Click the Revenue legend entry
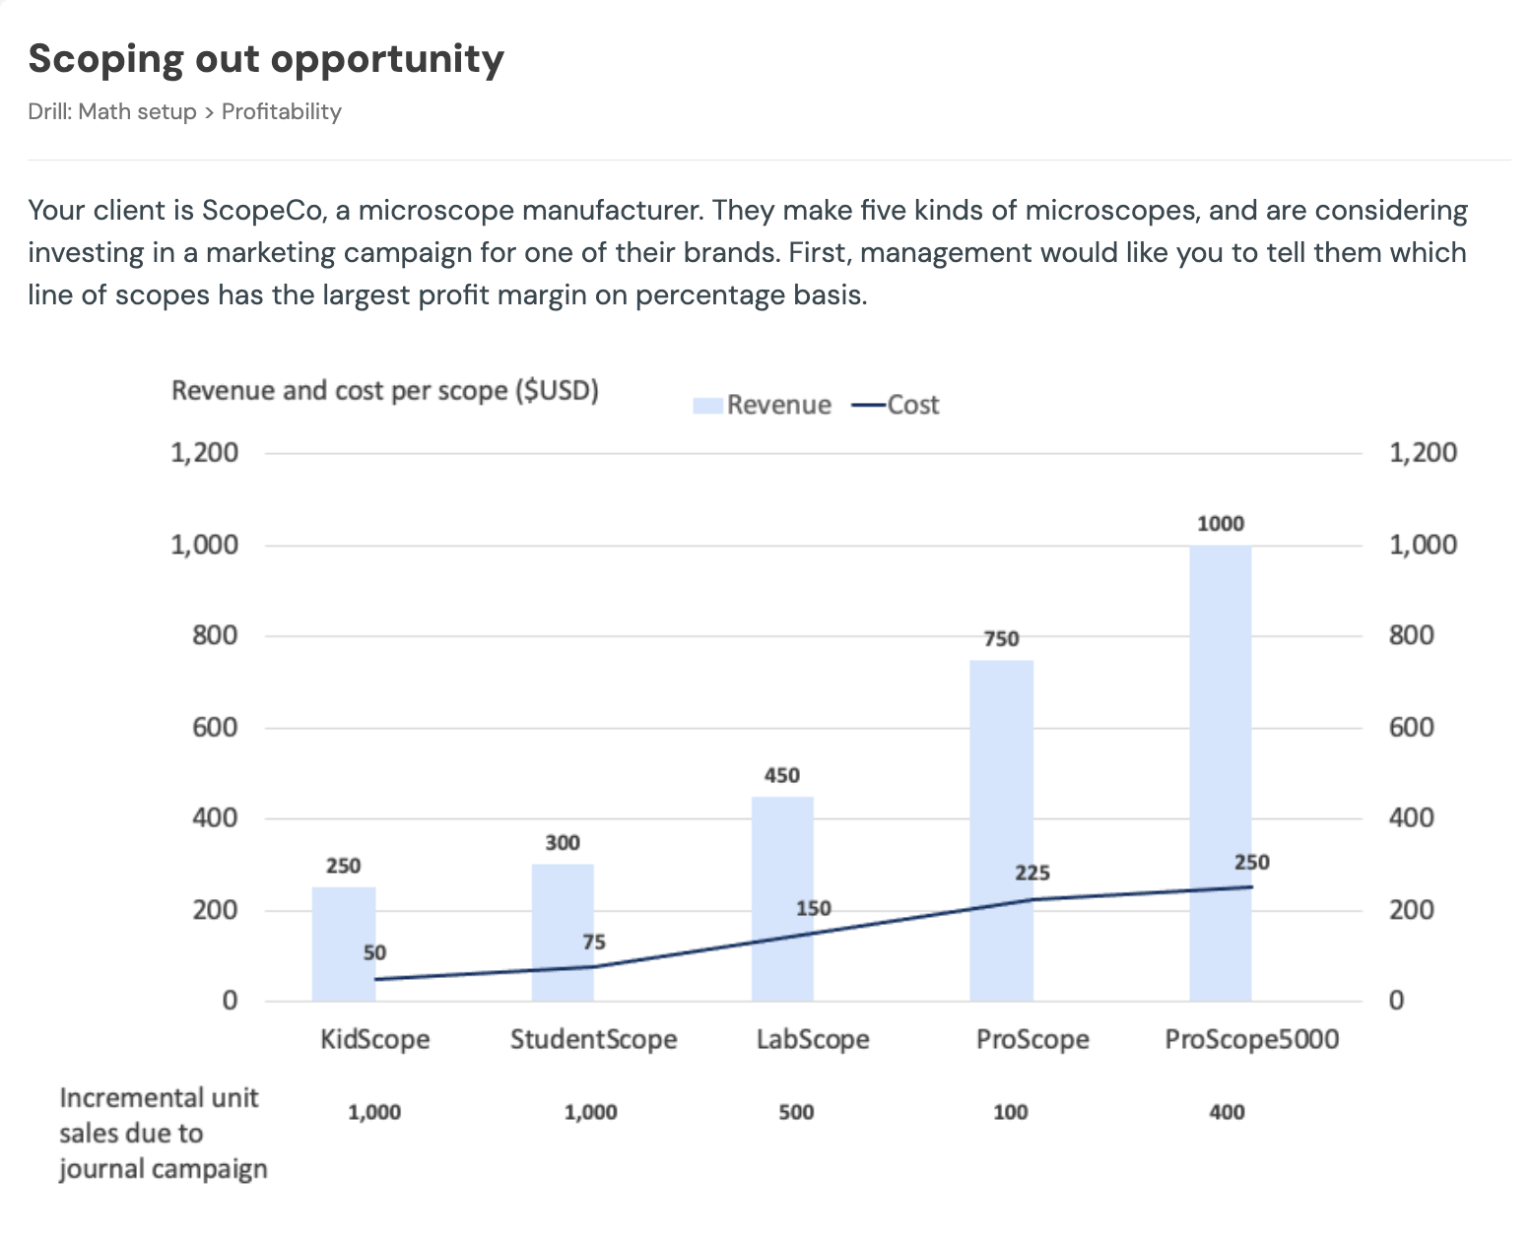coord(762,405)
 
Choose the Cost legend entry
coord(896,405)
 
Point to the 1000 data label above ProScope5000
coord(1220,524)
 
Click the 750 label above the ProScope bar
coord(1001,639)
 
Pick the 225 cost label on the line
coord(1032,873)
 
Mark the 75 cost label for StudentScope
coord(593,943)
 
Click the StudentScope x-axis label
coord(593,1039)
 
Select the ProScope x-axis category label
coord(1032,1039)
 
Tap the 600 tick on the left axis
coord(215,727)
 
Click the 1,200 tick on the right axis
coord(1422,453)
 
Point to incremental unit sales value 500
coord(796,1112)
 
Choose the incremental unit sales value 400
coord(1227,1112)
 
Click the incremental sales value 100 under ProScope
coord(1010,1112)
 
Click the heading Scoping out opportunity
coord(266,59)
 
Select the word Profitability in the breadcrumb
coord(281,111)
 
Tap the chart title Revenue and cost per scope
coord(384,391)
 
